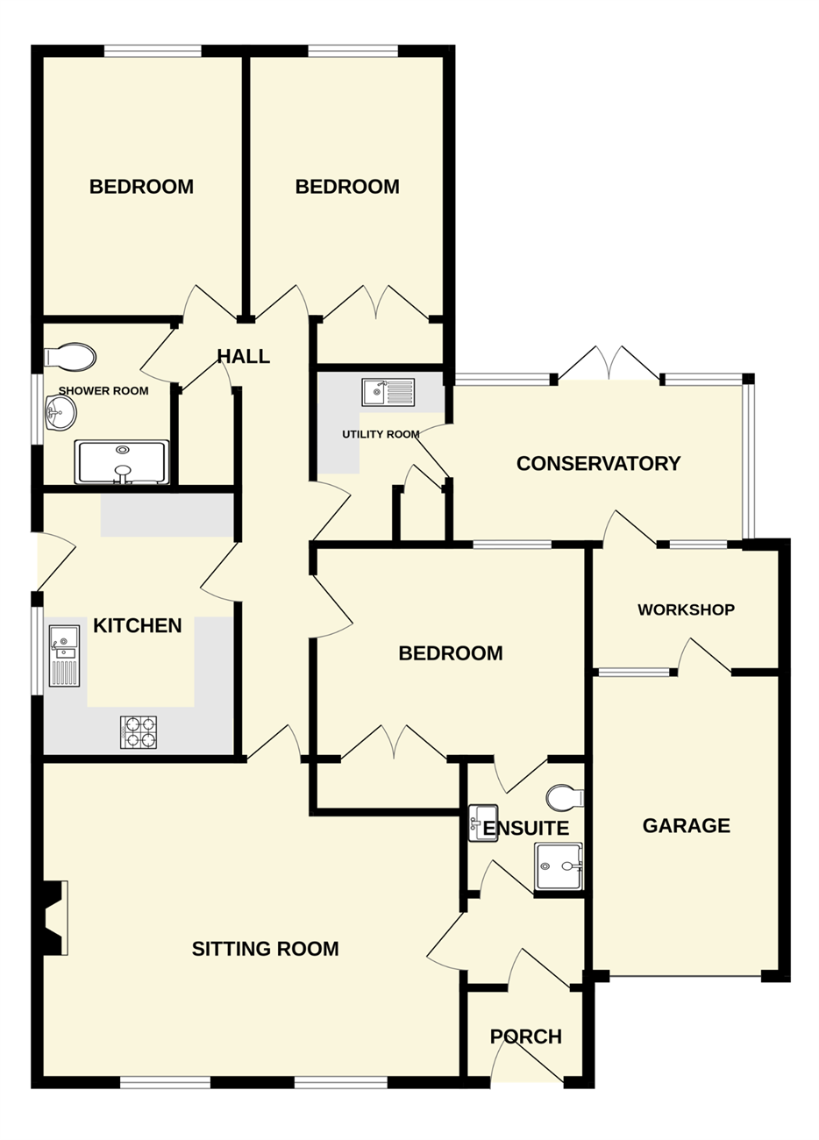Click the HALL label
click(x=243, y=356)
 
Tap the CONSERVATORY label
click(x=598, y=464)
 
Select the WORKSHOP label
click(x=686, y=609)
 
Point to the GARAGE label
click(x=686, y=825)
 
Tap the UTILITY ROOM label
click(x=381, y=434)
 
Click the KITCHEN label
click(x=138, y=625)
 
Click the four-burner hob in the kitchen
click(x=139, y=732)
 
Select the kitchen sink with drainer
click(x=64, y=656)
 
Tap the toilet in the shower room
click(x=70, y=356)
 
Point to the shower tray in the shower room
click(x=122, y=461)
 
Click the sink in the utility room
click(x=388, y=392)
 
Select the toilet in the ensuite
click(x=565, y=796)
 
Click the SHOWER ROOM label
click(x=103, y=391)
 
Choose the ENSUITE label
click(x=526, y=829)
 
